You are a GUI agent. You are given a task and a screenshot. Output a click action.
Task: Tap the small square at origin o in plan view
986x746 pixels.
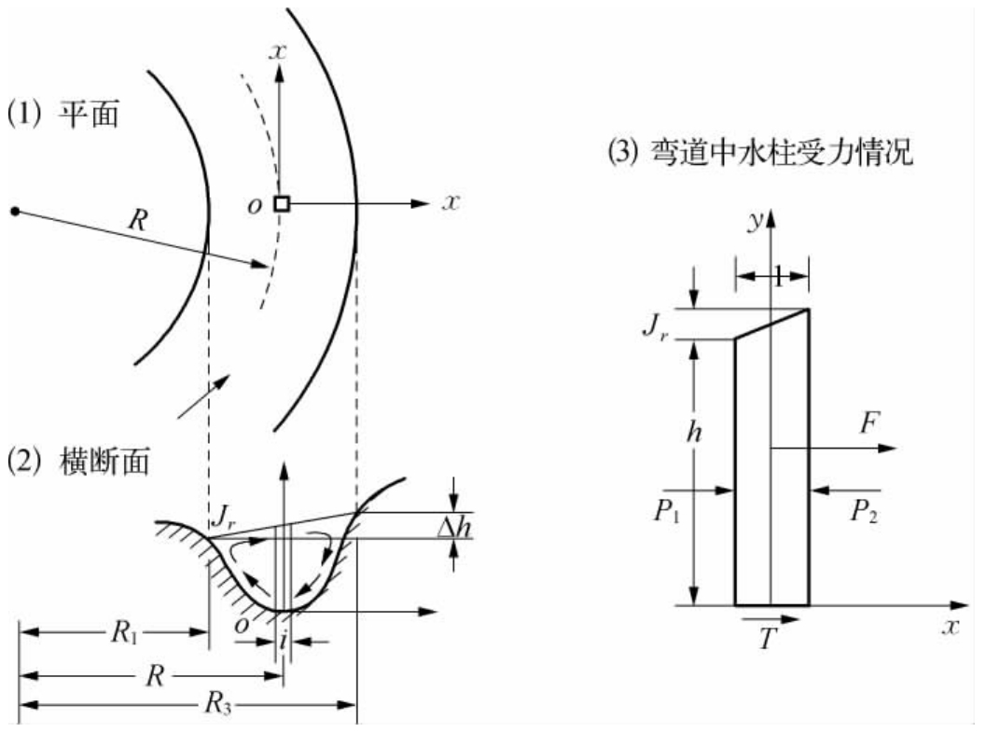click(281, 203)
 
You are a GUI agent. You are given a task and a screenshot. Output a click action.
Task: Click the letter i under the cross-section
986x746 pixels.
click(284, 642)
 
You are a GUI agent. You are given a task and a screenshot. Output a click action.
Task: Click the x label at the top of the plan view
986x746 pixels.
click(276, 52)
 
